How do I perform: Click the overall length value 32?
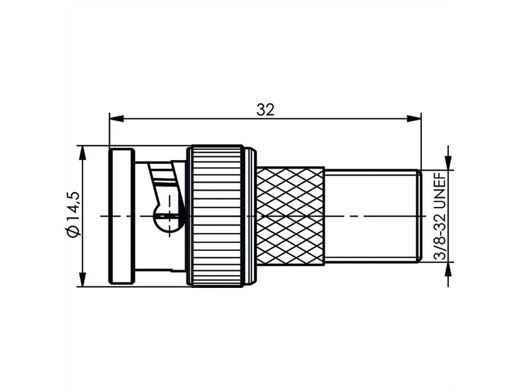point(265,110)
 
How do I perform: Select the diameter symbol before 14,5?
point(73,231)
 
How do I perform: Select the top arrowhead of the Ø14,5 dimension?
point(82,152)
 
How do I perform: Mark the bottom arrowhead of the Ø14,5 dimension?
point(82,280)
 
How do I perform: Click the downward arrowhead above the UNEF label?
point(448,164)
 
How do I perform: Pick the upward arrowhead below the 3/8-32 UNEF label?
point(448,268)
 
